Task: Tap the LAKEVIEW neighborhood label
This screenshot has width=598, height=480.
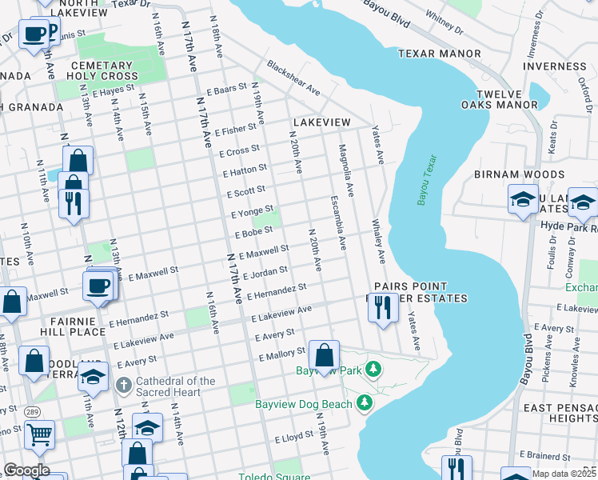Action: pos(321,122)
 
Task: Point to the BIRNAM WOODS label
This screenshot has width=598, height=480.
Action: pos(519,174)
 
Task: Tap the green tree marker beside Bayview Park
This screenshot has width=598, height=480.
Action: pos(373,369)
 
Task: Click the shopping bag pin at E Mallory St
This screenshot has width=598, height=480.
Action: pos(325,355)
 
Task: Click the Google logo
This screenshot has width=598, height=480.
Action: pos(26,470)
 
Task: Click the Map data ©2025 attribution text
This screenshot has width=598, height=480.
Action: pos(564,474)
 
